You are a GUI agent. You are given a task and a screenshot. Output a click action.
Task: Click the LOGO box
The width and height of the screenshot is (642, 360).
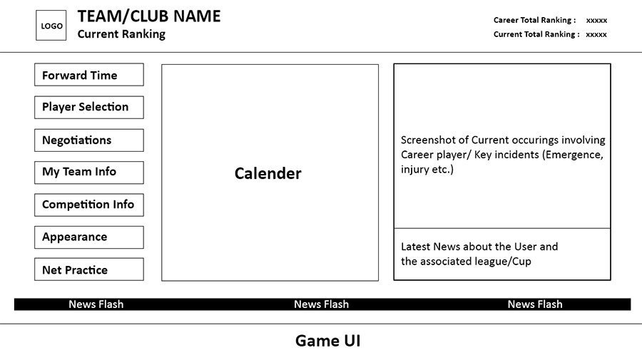click(51, 26)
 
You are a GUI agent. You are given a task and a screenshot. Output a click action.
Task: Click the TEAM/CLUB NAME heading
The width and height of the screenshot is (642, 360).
click(149, 16)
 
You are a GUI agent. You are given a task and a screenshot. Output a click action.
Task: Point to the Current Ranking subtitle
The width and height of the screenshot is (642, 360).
click(121, 34)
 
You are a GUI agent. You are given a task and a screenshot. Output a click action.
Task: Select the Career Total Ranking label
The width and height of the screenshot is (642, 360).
click(534, 20)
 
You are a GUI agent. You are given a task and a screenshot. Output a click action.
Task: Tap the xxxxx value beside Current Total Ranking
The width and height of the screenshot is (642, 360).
click(596, 34)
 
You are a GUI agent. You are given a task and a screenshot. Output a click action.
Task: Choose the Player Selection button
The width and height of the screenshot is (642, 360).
click(89, 107)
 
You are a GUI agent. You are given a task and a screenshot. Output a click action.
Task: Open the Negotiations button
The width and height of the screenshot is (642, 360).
click(89, 140)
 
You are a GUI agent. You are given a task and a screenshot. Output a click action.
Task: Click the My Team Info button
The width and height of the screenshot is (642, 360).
click(89, 173)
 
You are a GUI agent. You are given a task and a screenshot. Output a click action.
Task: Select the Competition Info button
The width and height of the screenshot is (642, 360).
click(89, 205)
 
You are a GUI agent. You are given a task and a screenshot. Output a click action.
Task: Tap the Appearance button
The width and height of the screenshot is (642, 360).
click(89, 237)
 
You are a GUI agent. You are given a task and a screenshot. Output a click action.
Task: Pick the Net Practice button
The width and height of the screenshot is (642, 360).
click(89, 269)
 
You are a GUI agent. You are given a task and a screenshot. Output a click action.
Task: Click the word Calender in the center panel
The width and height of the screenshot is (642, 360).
click(267, 173)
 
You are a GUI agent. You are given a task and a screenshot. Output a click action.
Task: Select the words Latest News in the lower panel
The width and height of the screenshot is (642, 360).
click(428, 247)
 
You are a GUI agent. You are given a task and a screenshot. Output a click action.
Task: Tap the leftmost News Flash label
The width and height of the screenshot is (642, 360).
click(96, 304)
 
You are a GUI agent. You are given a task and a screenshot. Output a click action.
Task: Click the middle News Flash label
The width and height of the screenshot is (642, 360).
click(322, 304)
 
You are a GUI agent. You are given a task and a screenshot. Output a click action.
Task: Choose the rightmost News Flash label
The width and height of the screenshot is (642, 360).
click(535, 304)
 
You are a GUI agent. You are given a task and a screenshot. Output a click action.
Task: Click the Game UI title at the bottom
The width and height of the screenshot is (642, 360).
click(328, 341)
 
